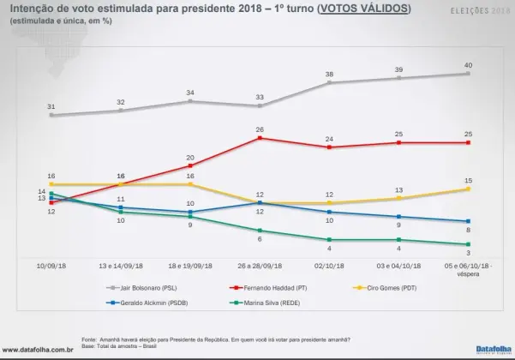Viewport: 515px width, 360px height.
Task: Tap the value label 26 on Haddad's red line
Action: pyautogui.click(x=259, y=129)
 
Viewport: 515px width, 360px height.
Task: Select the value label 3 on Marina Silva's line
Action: pyautogui.click(x=468, y=253)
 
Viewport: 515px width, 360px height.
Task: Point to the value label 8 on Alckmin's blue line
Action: pyautogui.click(x=468, y=230)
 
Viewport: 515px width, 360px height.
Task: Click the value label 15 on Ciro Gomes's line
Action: pyautogui.click(x=468, y=179)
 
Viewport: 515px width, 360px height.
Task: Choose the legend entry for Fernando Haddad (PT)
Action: pyautogui.click(x=272, y=289)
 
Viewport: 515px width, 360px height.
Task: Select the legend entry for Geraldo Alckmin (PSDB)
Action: pyautogui.click(x=145, y=303)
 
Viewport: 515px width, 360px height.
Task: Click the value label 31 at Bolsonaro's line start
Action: pyautogui.click(x=51, y=105)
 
